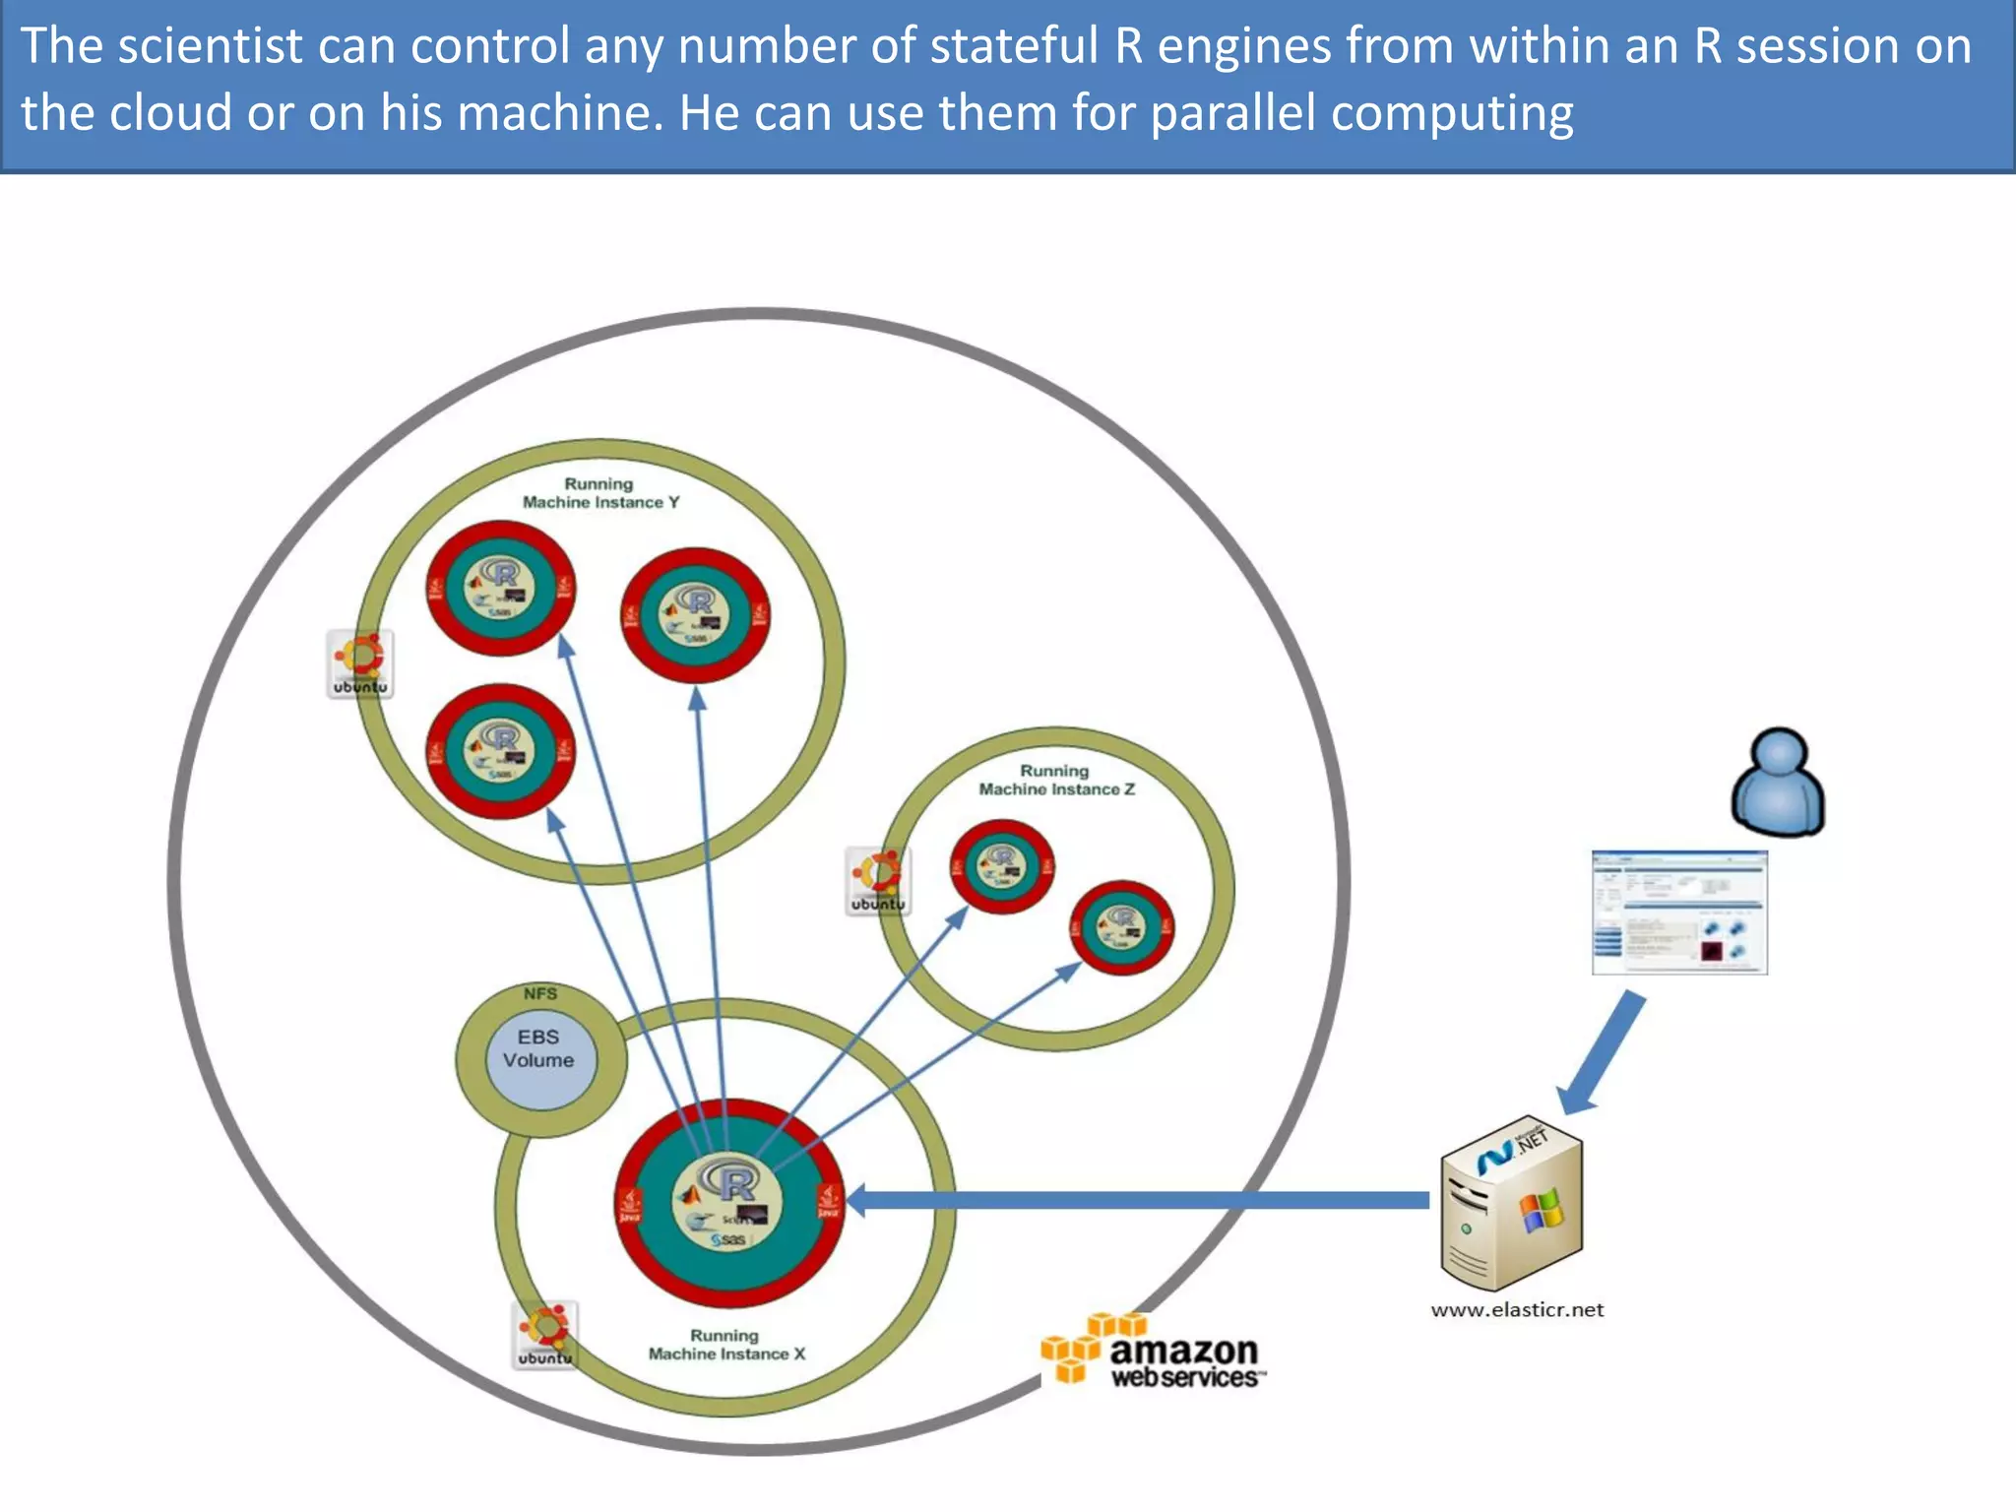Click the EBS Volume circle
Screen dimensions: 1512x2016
(x=539, y=1060)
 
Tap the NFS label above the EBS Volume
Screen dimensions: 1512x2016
(x=540, y=993)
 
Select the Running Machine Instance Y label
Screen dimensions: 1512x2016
(x=600, y=493)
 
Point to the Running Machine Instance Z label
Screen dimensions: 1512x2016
(x=1055, y=781)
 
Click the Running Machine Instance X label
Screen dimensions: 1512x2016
(x=725, y=1345)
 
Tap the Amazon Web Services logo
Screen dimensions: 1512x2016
(x=1153, y=1351)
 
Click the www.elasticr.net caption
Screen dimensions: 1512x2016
(x=1517, y=1310)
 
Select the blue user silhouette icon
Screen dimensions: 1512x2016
(x=1778, y=784)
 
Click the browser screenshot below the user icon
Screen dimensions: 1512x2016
(x=1679, y=913)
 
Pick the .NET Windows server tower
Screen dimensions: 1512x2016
(x=1511, y=1203)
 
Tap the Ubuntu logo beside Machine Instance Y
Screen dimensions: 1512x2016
(x=360, y=664)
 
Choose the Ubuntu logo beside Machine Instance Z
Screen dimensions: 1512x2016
(x=878, y=881)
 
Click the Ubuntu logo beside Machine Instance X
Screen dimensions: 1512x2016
(x=544, y=1335)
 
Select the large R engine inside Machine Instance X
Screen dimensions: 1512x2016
(x=728, y=1202)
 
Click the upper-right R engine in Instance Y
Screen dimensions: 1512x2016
(x=695, y=615)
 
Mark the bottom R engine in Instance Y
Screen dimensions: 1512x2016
(x=501, y=751)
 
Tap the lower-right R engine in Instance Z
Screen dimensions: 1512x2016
(x=1122, y=927)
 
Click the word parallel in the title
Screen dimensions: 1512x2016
(x=1232, y=112)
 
